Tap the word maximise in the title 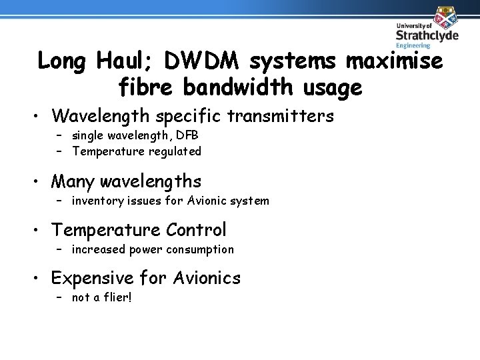(394, 61)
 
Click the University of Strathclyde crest (444, 16)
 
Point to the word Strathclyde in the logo (427, 35)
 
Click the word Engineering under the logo (413, 46)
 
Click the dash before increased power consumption (59, 249)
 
